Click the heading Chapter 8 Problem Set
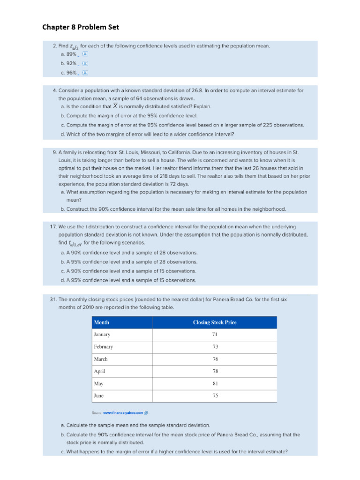[81, 27]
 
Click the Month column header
[102, 322]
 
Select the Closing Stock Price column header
[215, 322]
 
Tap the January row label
[102, 335]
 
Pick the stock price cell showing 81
[215, 383]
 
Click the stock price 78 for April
[215, 371]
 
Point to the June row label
[98, 396]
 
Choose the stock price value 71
[215, 335]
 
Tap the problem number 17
[53, 226]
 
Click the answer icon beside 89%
[85, 54]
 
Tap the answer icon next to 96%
[85, 73]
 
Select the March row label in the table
[101, 359]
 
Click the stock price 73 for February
[215, 347]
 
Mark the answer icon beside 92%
[85, 63]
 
